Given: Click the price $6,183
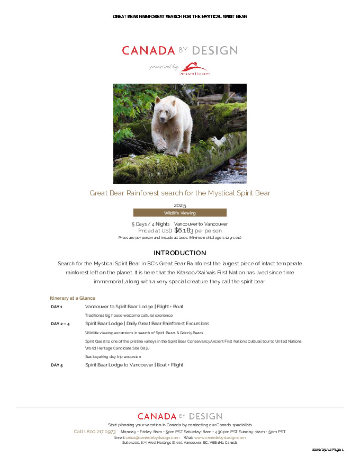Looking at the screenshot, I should [x=184, y=230].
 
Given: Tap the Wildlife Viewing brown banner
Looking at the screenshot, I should [x=180, y=213].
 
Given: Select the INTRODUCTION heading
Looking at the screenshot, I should [x=180, y=253].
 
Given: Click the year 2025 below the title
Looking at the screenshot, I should [x=180, y=205].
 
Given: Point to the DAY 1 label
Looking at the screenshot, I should [x=57, y=307].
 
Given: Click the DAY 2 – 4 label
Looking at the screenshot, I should [x=60, y=324].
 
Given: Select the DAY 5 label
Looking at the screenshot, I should [x=57, y=365].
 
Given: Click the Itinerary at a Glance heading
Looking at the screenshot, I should [x=73, y=298].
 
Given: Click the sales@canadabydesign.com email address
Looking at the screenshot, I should [x=152, y=437].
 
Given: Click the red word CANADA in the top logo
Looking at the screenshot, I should [x=148, y=51].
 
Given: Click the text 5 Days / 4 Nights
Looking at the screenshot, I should [x=150, y=224].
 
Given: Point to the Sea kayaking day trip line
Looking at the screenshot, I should [x=113, y=356].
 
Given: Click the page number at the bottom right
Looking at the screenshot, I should [x=328, y=449].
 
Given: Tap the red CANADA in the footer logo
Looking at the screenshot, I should [x=157, y=416].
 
